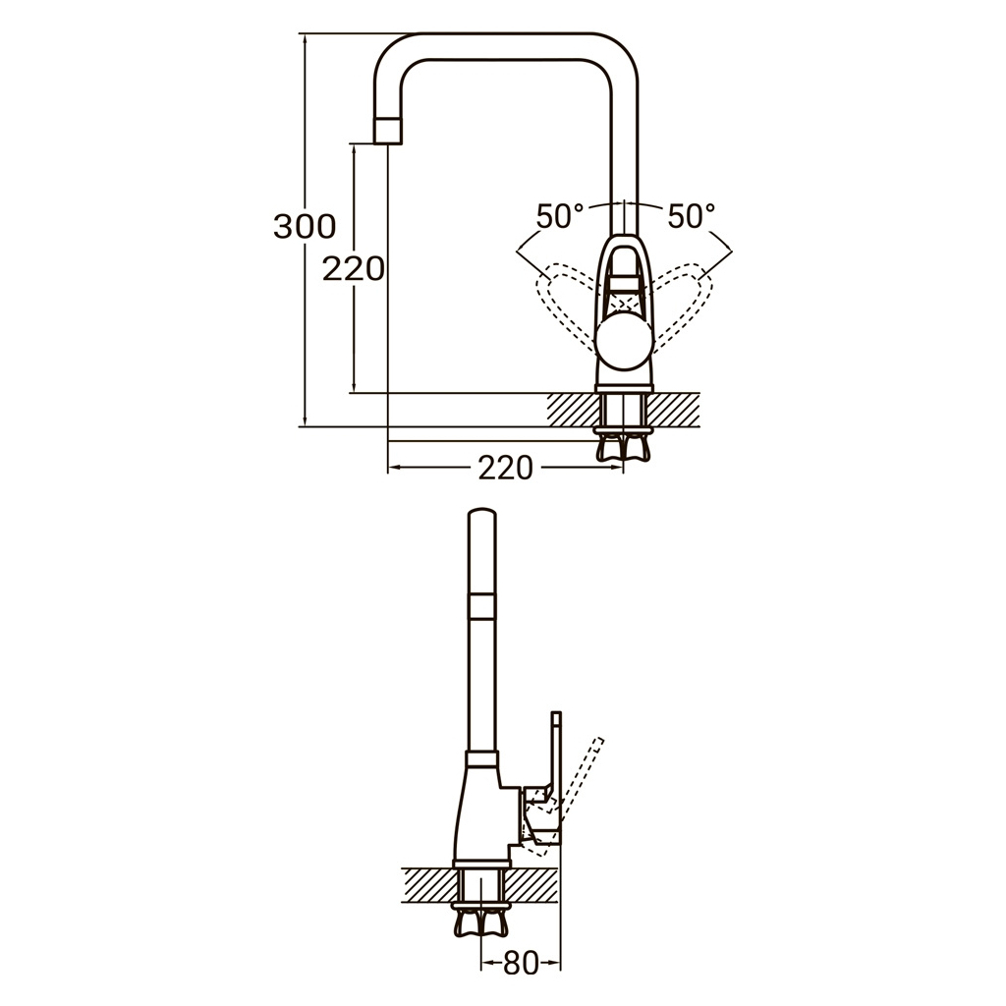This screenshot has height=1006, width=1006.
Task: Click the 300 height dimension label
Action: coord(305,227)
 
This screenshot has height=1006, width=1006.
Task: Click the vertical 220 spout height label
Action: coord(354,268)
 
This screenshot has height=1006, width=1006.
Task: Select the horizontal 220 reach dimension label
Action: coord(505,469)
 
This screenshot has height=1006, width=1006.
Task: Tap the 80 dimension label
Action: coord(521,964)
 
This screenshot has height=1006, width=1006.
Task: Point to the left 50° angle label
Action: coord(561,216)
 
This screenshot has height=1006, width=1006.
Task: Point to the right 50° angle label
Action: coord(691,216)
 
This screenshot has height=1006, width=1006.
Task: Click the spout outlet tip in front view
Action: coord(389,130)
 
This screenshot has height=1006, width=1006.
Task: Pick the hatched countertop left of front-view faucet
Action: coord(572,410)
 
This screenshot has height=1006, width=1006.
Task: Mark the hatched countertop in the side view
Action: coord(427,883)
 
